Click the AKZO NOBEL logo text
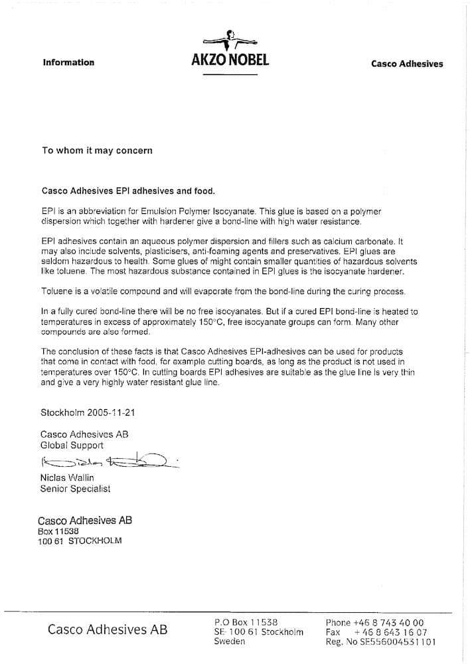click(230, 60)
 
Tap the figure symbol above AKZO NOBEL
click(230, 39)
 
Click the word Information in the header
click(68, 62)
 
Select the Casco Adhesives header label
click(406, 64)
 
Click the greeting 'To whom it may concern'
click(97, 151)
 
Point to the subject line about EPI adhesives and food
click(128, 191)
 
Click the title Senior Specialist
click(75, 489)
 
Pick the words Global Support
click(72, 446)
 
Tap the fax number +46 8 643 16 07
click(391, 633)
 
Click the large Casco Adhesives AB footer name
click(107, 629)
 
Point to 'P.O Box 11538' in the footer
click(246, 622)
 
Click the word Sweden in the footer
click(229, 641)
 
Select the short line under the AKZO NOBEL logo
click(230, 74)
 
